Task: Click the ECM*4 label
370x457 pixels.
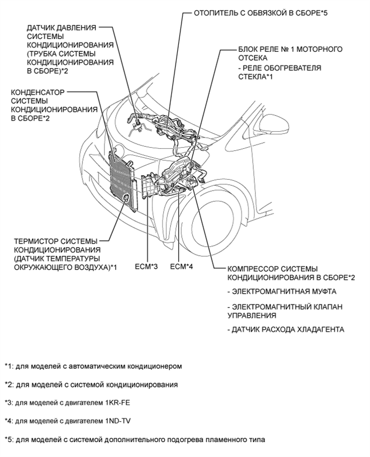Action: [180, 266]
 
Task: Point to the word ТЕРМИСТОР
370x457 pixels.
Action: [35, 241]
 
